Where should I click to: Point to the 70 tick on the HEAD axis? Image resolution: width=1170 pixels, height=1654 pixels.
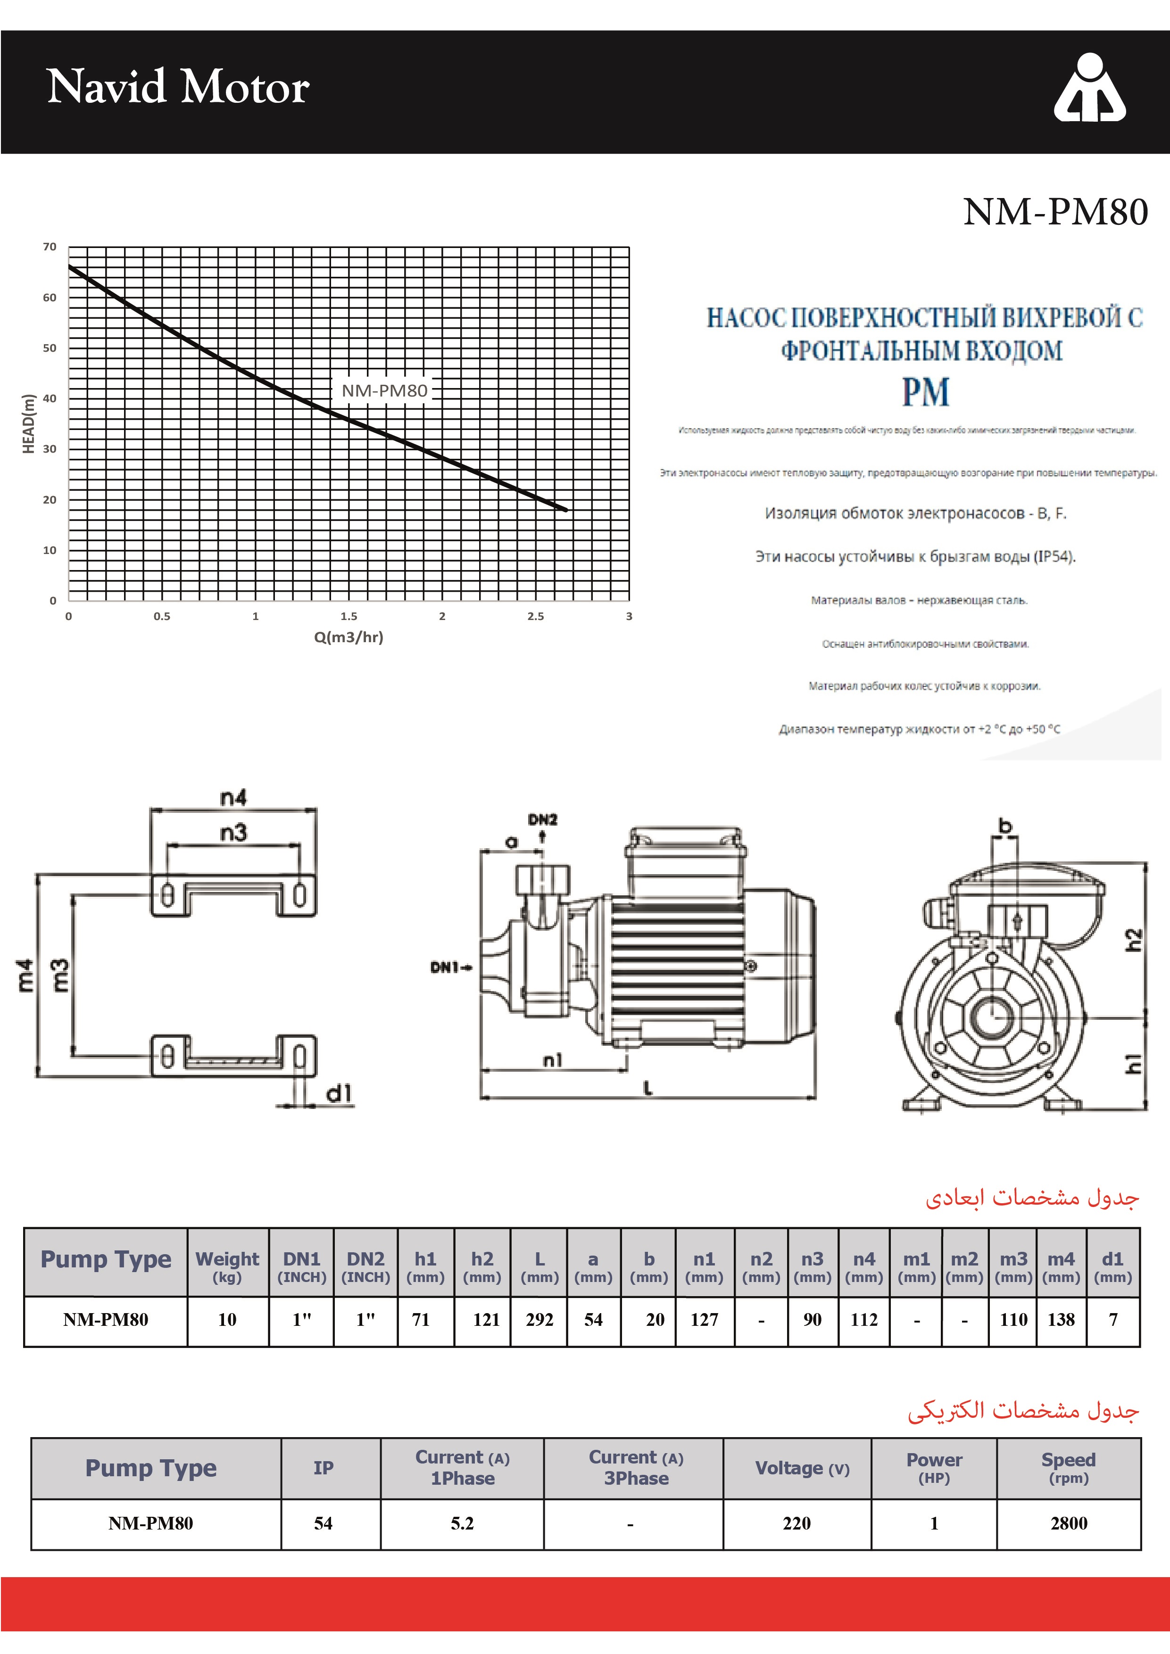pos(50,247)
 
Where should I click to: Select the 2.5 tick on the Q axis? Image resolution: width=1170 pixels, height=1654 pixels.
pos(535,617)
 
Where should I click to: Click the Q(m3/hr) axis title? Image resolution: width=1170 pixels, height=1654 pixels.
pos(349,637)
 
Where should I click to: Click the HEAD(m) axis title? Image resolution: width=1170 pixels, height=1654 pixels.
pos(29,423)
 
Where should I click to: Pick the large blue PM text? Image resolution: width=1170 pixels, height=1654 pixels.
pos(925,393)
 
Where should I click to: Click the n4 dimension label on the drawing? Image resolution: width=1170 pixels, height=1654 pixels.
pos(232,797)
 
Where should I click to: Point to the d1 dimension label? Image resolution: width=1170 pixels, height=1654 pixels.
pos(339,1093)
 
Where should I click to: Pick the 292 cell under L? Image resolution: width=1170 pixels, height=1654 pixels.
pos(539,1320)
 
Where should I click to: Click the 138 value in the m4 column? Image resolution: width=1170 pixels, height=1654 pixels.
pos(1061,1320)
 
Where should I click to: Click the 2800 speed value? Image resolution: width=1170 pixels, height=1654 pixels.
pos(1069,1523)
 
